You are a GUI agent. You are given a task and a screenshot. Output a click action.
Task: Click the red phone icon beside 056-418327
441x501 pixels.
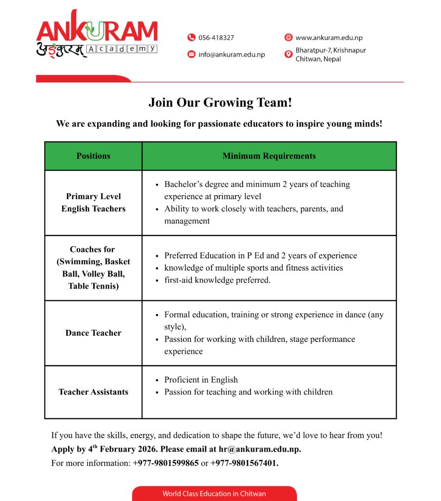[x=191, y=38]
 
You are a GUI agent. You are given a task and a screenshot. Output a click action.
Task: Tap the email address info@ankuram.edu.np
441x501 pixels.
[x=231, y=54]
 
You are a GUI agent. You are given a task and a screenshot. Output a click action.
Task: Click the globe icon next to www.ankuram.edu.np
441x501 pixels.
[x=288, y=38]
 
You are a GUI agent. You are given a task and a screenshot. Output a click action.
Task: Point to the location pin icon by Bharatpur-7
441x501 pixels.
[x=288, y=54]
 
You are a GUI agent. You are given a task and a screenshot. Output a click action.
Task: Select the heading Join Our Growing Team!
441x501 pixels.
[x=220, y=103]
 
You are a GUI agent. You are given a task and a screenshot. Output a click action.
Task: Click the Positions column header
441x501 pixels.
[x=93, y=156]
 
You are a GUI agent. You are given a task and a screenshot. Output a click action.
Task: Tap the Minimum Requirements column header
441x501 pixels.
[x=269, y=156]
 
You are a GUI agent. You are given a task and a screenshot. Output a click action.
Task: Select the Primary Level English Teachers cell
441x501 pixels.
[x=93, y=203]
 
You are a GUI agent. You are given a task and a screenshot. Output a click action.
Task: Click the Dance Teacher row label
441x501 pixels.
[x=93, y=333]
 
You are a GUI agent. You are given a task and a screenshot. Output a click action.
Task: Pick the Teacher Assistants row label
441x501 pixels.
[x=93, y=392]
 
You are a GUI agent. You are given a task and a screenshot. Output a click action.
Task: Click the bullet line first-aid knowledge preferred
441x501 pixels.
[x=217, y=280]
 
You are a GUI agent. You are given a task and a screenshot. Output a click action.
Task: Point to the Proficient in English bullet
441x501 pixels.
[x=201, y=380]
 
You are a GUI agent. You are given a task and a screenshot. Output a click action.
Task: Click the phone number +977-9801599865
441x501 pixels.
[x=166, y=463]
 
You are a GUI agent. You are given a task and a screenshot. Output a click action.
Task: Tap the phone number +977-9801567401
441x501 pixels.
[x=244, y=463]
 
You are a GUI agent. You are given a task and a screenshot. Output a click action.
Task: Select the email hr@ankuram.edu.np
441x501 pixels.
[x=259, y=449]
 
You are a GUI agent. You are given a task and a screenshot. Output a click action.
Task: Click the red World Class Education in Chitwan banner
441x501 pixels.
[x=214, y=493]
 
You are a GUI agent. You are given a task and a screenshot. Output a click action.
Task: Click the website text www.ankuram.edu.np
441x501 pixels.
[x=329, y=38]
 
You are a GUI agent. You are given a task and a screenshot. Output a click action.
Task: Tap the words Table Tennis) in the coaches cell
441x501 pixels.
[x=93, y=286]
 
